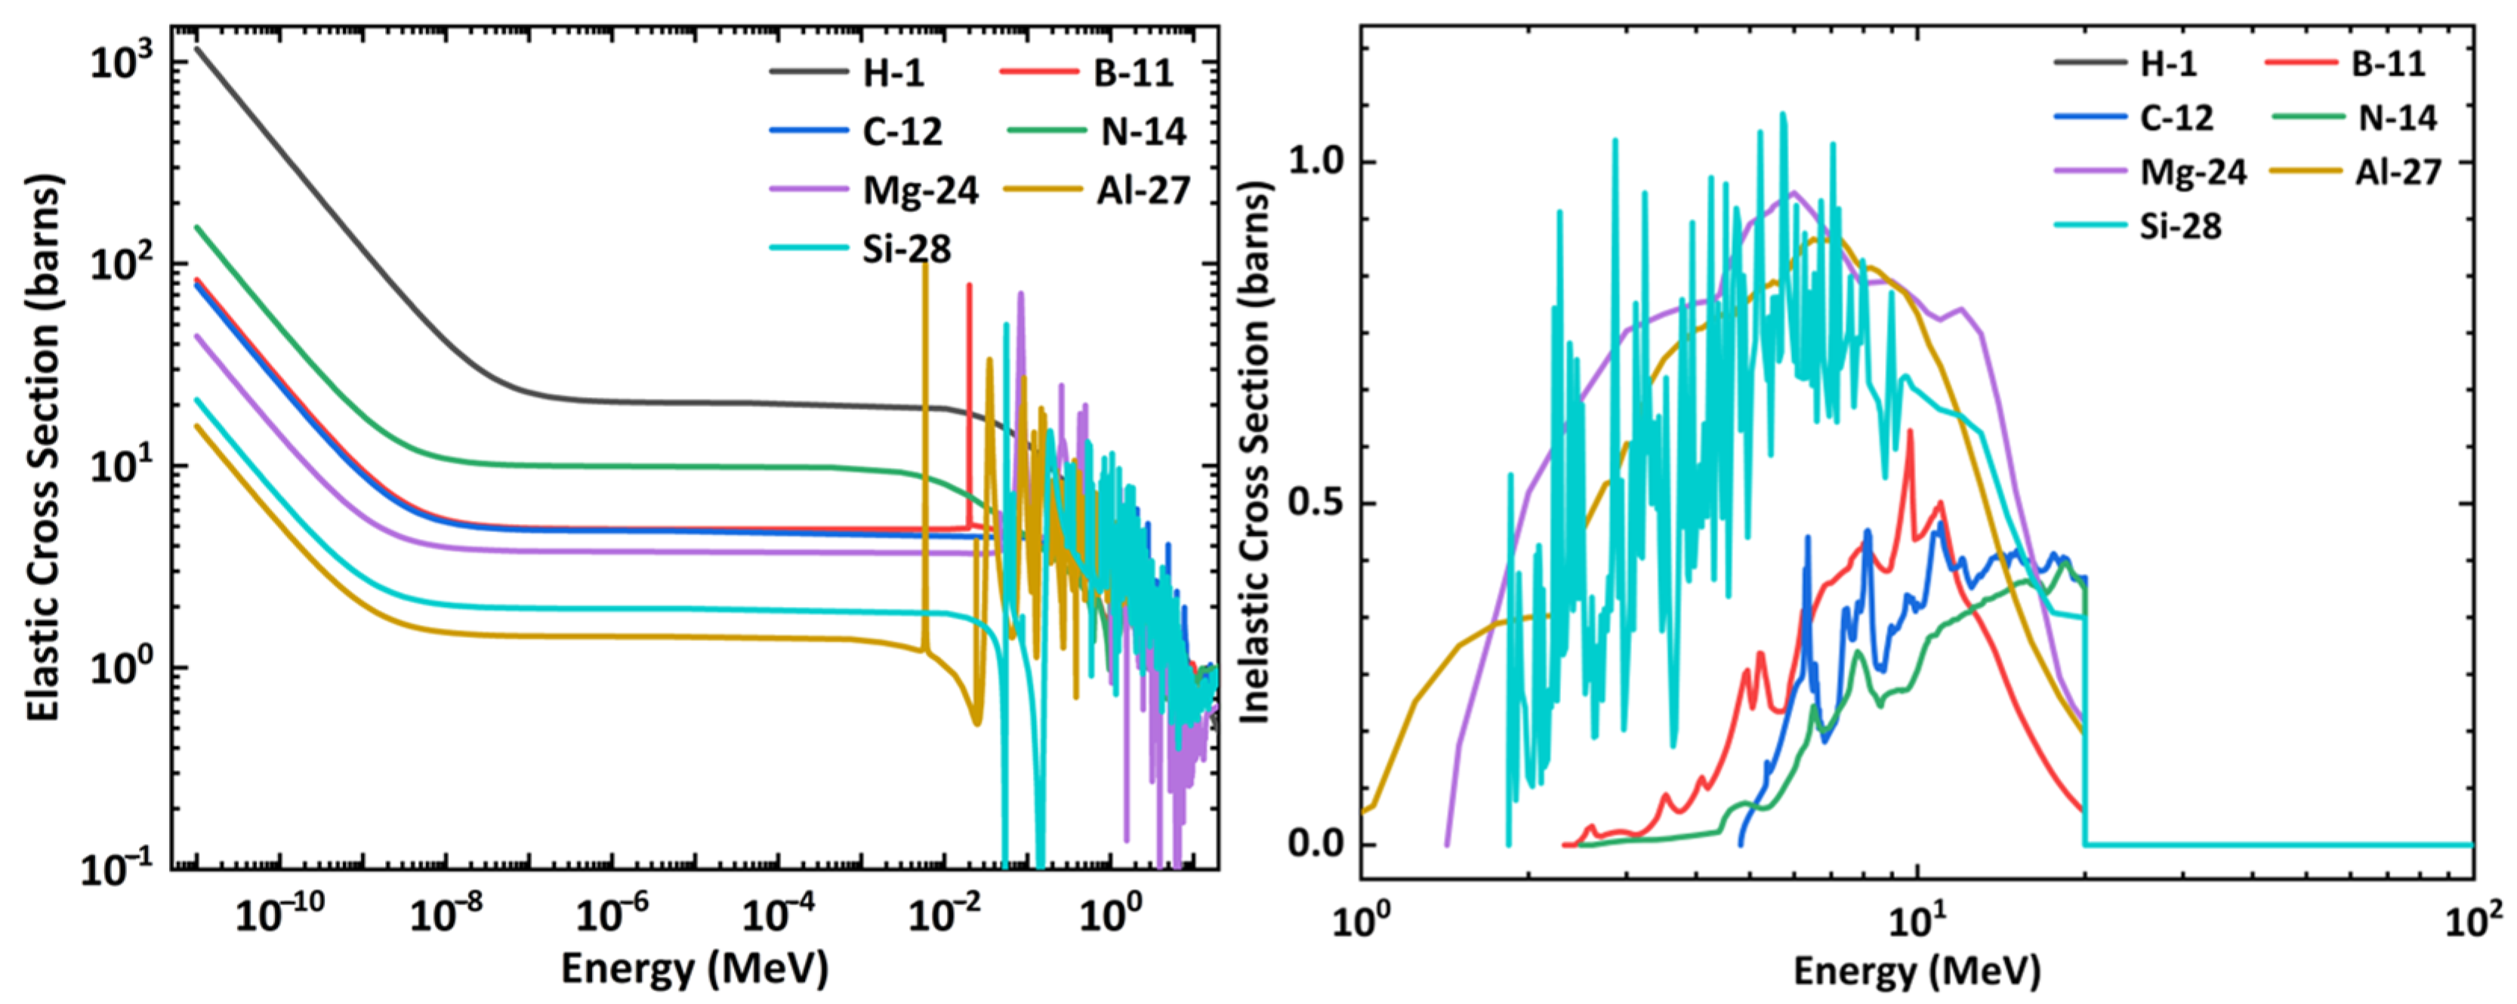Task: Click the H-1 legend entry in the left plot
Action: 892,72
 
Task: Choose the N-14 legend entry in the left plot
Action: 1143,131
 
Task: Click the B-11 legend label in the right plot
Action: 2387,63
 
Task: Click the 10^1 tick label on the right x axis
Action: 1917,921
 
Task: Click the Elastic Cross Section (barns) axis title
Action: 43,449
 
